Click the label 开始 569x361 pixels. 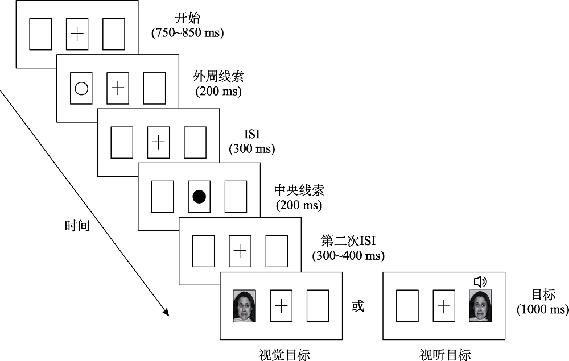pyautogui.click(x=188, y=19)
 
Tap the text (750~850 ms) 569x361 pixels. pyautogui.click(x=188, y=33)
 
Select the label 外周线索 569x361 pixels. pyautogui.click(x=218, y=76)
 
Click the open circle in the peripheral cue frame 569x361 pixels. pyautogui.click(x=81, y=88)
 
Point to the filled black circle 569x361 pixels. pyautogui.click(x=199, y=197)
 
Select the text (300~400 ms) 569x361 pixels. pyautogui.click(x=348, y=256)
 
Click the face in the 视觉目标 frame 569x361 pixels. pyautogui.click(x=244, y=306)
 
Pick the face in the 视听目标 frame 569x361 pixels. pyautogui.click(x=480, y=306)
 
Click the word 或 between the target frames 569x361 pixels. pyautogui.click(x=357, y=306)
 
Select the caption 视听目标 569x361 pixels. pyautogui.click(x=445, y=355)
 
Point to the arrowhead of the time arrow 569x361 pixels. pyautogui.click(x=167, y=312)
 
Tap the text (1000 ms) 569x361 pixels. pyautogui.click(x=542, y=309)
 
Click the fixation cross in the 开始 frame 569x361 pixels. pyautogui.click(x=77, y=34)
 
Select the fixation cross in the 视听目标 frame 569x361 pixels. pyautogui.click(x=444, y=306)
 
